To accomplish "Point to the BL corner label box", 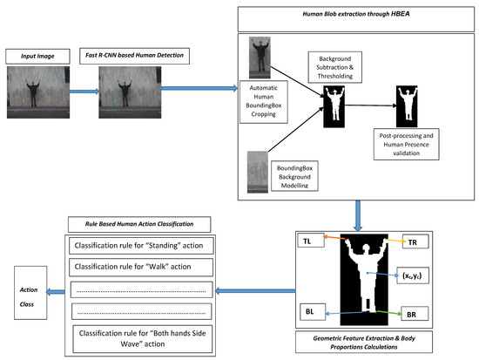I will point(310,310).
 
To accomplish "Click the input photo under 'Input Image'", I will point(33,91).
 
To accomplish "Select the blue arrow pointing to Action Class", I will point(56,290).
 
